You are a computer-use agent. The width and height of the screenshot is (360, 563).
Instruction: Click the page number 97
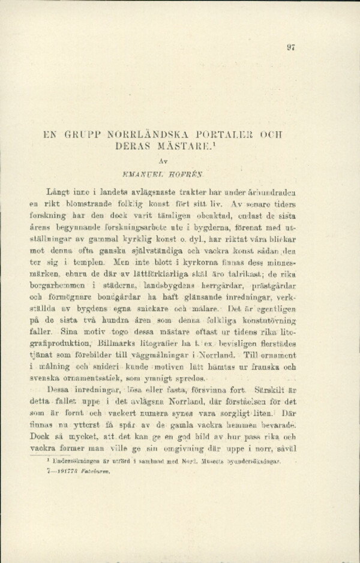291,48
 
